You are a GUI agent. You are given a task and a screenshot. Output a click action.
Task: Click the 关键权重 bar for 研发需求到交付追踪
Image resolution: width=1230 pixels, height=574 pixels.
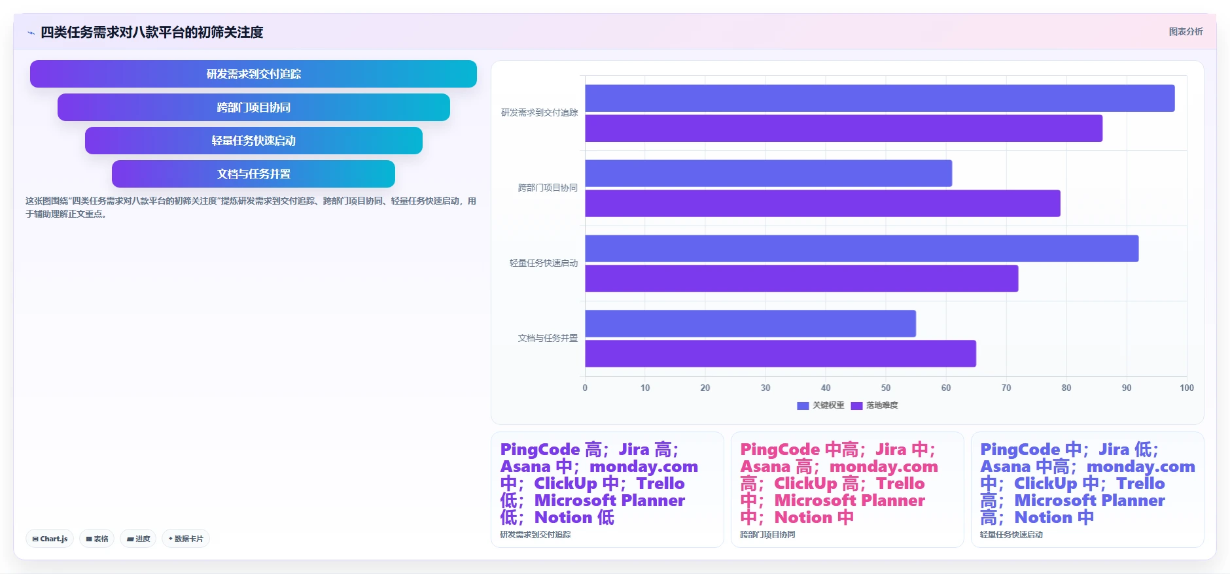tap(879, 98)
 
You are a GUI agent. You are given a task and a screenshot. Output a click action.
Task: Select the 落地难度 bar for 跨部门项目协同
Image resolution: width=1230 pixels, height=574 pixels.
tap(822, 203)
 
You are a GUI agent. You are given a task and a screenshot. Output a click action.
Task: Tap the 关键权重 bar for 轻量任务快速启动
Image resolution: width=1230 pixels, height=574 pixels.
tap(862, 248)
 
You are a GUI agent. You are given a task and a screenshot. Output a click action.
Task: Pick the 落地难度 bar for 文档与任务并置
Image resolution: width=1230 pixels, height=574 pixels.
tap(781, 354)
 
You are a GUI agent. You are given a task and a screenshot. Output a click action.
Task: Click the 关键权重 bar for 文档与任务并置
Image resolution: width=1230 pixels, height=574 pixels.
tap(750, 324)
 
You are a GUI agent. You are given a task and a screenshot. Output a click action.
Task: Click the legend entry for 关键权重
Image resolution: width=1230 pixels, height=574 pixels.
tap(820, 405)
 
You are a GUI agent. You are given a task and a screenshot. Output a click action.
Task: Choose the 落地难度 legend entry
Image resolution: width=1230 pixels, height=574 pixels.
tap(874, 405)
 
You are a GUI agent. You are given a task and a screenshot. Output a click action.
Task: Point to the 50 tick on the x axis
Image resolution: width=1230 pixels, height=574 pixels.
tap(886, 388)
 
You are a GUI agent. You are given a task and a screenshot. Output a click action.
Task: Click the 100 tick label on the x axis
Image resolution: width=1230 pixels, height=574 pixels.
tap(1186, 388)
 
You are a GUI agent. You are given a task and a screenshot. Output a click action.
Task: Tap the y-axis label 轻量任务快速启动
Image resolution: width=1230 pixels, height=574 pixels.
tap(544, 263)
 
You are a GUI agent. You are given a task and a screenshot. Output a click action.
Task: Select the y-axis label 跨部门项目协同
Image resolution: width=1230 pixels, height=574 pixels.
tap(548, 188)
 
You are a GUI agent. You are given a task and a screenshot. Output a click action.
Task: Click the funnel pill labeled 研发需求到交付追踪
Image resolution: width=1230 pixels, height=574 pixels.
tap(253, 74)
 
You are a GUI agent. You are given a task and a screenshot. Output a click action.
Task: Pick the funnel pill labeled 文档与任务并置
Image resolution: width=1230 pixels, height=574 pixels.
tap(253, 174)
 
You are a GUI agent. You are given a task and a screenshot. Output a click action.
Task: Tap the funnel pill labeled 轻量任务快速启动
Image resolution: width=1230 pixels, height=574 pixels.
tap(253, 141)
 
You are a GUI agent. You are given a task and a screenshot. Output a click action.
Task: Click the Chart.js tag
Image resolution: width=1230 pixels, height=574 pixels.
tap(50, 539)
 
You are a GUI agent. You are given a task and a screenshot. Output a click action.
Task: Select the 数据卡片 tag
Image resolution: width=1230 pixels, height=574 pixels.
tap(186, 539)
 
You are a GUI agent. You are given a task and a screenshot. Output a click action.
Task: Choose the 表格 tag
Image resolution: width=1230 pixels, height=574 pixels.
tap(97, 539)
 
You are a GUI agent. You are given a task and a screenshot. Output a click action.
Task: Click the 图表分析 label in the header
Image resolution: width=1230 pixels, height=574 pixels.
tap(1186, 31)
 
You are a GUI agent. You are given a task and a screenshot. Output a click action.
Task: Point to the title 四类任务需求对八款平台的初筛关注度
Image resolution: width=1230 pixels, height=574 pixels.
tap(152, 32)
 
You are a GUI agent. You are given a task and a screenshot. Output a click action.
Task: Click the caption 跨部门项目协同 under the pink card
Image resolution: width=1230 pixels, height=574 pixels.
tap(767, 534)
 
